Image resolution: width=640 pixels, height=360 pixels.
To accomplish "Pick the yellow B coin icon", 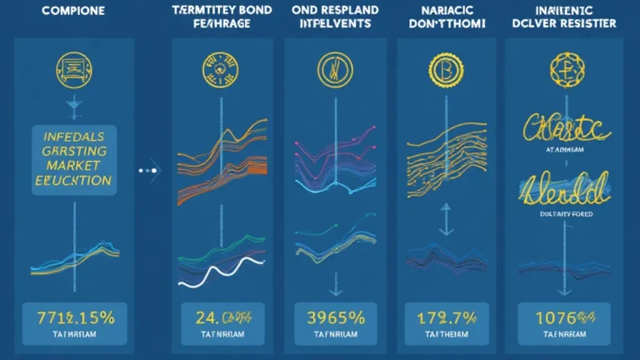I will click(x=442, y=68).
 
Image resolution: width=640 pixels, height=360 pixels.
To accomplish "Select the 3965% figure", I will click(x=335, y=317).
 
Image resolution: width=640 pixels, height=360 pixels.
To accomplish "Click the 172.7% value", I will click(x=444, y=317).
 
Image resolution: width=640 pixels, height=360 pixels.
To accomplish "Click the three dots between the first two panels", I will click(x=149, y=170).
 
